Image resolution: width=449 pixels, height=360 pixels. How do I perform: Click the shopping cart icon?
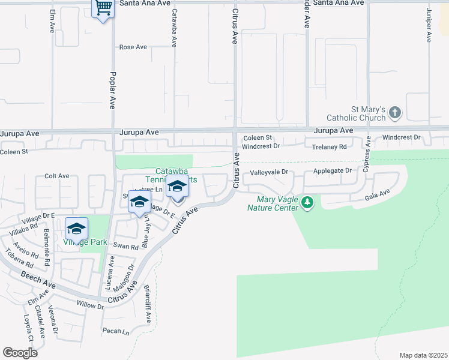click(103, 8)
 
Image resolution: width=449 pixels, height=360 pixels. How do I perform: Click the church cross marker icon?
click(394, 112)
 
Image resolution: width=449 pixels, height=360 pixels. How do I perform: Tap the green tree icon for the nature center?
click(307, 203)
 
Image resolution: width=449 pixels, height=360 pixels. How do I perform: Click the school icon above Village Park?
click(77, 229)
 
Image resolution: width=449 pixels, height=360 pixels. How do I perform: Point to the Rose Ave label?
click(133, 47)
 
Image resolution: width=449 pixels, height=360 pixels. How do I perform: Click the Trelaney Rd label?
click(326, 146)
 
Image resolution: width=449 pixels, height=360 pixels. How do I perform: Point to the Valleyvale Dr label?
click(269, 172)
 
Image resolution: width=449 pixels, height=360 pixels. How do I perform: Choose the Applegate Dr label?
click(332, 171)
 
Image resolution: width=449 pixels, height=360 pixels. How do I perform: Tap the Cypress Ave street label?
click(367, 154)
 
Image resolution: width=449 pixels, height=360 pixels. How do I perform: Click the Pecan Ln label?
click(116, 331)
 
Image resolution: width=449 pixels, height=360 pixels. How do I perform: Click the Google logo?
click(20, 352)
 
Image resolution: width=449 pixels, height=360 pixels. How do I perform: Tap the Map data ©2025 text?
click(423, 355)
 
